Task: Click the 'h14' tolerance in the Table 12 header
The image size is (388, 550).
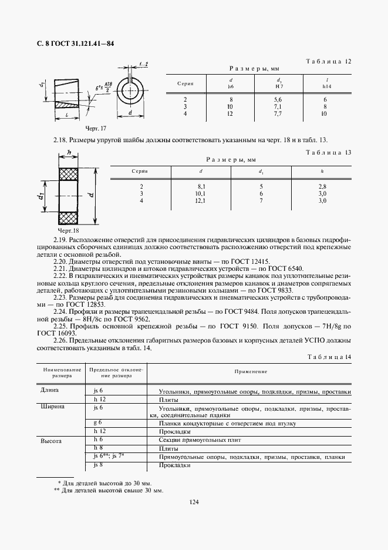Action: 327,86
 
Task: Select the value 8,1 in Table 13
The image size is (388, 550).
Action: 201,186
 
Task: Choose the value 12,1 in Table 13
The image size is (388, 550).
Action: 201,200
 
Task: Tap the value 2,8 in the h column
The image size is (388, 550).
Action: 321,186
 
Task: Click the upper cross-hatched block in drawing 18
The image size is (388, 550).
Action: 70,175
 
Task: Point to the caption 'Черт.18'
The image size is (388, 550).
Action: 68,230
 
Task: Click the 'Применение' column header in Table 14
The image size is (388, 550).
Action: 251,372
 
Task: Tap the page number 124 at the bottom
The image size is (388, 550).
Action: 194,501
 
